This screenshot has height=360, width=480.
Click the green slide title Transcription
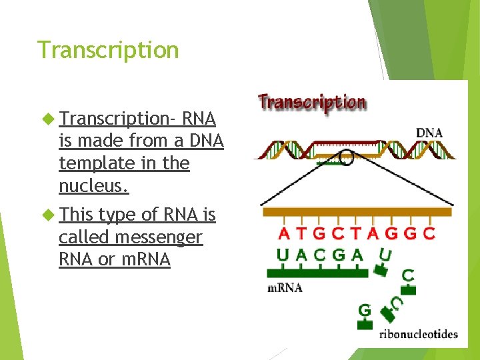click(x=108, y=50)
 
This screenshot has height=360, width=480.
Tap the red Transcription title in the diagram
click(x=312, y=103)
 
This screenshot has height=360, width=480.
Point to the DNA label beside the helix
click(x=429, y=133)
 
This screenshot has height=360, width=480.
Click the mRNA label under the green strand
click(x=285, y=288)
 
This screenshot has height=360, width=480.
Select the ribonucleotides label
click(x=418, y=334)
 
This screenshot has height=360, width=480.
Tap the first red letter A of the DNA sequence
click(x=285, y=234)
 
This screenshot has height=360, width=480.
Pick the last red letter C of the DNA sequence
click(x=429, y=234)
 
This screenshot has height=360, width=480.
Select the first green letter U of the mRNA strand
click(x=284, y=255)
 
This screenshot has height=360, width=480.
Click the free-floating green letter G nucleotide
click(x=365, y=311)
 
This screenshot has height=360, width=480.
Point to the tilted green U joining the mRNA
click(x=385, y=255)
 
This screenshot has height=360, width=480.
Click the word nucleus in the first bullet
click(x=93, y=185)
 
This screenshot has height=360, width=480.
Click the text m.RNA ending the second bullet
click(x=144, y=260)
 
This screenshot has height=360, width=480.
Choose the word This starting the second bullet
click(x=76, y=215)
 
